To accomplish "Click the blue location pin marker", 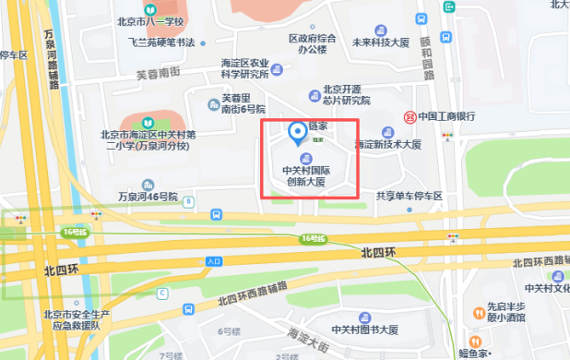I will (297, 135).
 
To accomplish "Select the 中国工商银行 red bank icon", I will (410, 116).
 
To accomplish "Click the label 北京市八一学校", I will (151, 20).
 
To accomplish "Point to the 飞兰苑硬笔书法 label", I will (161, 42).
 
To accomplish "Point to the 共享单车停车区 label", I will (410, 196).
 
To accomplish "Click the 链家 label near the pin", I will (317, 131).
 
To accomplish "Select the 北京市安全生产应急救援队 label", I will (84, 319).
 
